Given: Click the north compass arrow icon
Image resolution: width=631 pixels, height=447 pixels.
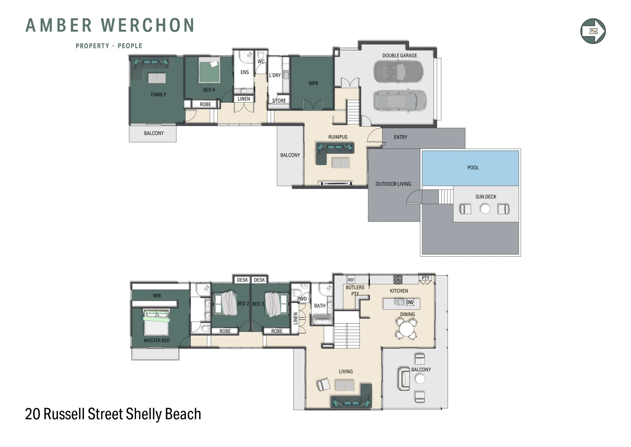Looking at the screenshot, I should (x=593, y=31).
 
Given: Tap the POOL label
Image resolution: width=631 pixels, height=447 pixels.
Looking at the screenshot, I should (x=473, y=168).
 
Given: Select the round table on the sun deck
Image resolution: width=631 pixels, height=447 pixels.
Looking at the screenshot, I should (x=485, y=209).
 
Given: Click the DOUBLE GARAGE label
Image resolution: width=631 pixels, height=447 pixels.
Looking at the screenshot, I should (x=399, y=55).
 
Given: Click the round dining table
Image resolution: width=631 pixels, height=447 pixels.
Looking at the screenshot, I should (x=407, y=329).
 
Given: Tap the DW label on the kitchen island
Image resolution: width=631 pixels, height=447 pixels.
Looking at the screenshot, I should (x=410, y=302).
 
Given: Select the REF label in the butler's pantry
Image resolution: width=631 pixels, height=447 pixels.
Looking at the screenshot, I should (x=351, y=280).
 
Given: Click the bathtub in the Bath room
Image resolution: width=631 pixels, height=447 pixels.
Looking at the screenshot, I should (x=322, y=320).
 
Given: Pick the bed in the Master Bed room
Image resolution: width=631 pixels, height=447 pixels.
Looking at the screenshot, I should (x=156, y=323).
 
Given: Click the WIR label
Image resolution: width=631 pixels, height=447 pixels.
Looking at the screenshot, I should (x=157, y=296).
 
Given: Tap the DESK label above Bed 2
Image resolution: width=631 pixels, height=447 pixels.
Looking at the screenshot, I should (x=242, y=280).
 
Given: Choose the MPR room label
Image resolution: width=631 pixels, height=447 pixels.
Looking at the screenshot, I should (x=313, y=83).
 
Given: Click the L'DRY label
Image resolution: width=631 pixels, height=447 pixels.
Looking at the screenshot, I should (x=275, y=75).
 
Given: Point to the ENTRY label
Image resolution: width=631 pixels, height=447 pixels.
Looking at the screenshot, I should (x=400, y=137).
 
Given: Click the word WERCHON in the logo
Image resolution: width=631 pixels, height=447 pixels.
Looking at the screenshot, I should (x=148, y=25).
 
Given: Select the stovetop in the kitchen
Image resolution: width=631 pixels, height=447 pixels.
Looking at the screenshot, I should (x=398, y=280).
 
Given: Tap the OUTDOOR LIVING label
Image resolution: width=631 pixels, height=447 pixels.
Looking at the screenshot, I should (x=393, y=184).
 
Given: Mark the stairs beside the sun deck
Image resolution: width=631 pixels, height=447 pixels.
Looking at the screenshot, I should (x=445, y=196).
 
